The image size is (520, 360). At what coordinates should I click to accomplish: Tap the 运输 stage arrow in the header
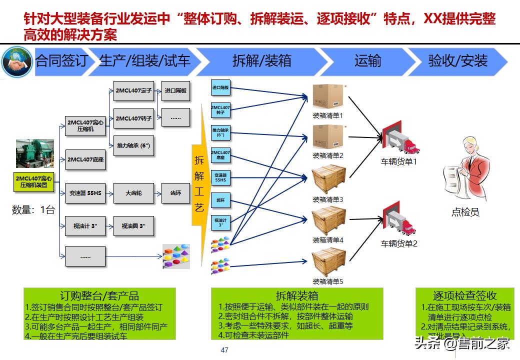(367, 61)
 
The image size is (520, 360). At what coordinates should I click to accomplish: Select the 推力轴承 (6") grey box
(133, 145)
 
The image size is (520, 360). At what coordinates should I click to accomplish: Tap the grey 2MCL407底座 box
(85, 159)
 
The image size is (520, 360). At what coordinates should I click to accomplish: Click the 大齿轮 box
(133, 193)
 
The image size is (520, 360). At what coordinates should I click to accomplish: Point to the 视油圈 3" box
(133, 226)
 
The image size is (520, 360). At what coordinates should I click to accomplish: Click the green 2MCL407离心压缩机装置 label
(33, 181)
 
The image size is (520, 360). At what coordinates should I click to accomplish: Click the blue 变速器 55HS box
(220, 178)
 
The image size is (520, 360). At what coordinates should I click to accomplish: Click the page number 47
(224, 350)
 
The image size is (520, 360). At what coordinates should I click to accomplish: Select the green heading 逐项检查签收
(464, 295)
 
